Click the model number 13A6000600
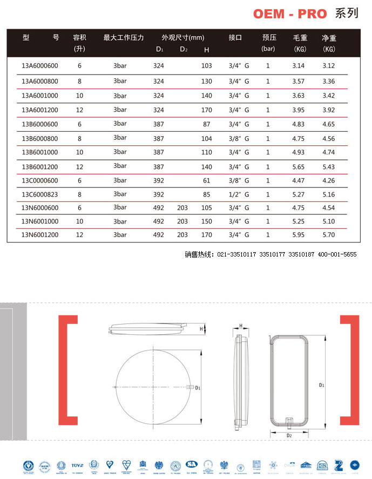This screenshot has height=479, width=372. coord(39,66)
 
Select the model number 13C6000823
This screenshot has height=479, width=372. coord(39,194)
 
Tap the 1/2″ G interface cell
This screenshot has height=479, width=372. coord(239,194)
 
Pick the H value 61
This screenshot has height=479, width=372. coord(206,180)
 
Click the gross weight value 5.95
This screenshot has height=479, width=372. coord(298,235)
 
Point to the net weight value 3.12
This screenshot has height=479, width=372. coord(328,66)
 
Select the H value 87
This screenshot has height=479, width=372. coord(206,124)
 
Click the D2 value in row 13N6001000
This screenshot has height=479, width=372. coord(182,221)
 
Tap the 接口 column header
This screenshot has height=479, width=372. coord(235,38)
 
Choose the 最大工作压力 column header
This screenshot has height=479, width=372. coord(124,38)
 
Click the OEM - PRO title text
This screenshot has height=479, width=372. coord(290,14)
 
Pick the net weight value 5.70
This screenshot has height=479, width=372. coord(328,235)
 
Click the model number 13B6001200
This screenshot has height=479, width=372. coord(39,167)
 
